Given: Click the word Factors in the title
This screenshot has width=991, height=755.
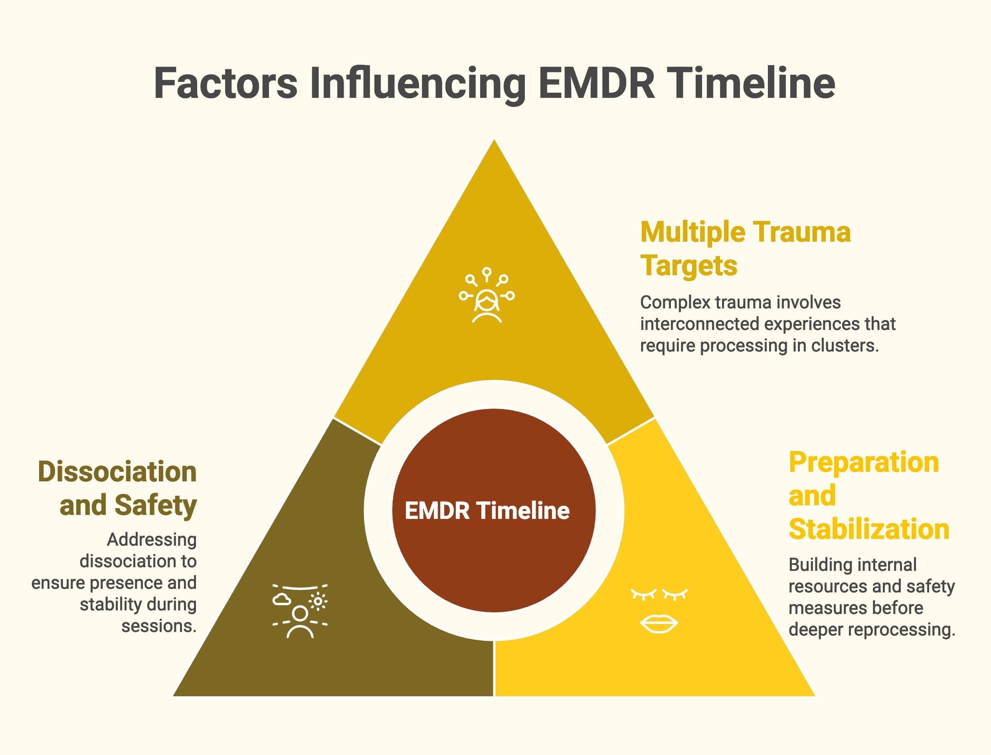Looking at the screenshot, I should point(225,83).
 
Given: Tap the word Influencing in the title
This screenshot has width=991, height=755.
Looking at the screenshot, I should point(417,83).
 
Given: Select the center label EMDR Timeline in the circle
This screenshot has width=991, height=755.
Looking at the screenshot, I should point(487,511).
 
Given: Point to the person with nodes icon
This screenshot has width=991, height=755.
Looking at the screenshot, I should point(487,296).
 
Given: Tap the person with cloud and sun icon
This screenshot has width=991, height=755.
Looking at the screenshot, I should point(300,611).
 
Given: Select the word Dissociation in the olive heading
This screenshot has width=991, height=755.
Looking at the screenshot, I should point(117,472).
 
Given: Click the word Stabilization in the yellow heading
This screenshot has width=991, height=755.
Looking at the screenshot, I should point(869,529).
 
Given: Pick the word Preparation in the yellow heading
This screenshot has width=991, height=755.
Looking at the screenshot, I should point(863,463).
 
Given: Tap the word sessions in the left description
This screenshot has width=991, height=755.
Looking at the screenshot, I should point(159,626).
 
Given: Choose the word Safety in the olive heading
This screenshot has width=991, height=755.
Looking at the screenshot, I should point(155,505).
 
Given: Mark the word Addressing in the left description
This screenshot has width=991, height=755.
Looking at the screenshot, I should point(152,540).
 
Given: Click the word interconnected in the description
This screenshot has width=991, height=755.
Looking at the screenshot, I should point(700,324).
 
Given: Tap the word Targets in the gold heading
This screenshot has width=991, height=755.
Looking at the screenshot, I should point(689,266).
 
